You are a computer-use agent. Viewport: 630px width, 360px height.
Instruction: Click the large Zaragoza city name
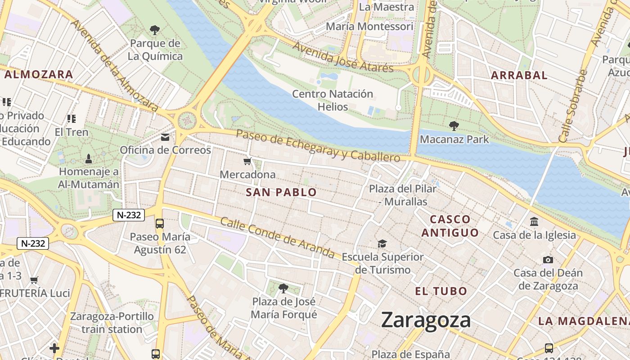[x=426, y=320]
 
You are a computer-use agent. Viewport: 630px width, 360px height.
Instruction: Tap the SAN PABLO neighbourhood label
[x=281, y=193]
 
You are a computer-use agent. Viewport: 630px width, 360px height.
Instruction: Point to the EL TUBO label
[x=441, y=291]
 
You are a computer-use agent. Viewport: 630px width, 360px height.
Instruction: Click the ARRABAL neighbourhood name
[x=519, y=75]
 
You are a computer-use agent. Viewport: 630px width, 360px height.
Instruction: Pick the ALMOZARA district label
[x=38, y=75]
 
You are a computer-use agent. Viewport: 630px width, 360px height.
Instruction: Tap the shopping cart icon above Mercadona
[x=247, y=162]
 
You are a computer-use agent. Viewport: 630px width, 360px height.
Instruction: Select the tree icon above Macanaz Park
[x=454, y=126]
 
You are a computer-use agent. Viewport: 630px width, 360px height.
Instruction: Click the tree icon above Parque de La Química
[x=155, y=30]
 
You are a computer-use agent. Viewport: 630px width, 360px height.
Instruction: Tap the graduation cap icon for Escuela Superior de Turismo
[x=382, y=244]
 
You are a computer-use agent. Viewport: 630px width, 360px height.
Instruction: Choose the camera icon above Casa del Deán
[x=548, y=260]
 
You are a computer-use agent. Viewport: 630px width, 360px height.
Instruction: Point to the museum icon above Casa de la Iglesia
[x=534, y=221]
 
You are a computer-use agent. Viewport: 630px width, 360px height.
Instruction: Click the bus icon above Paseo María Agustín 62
[x=160, y=223]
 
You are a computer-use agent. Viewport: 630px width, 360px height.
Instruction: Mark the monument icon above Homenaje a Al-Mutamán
[x=89, y=158]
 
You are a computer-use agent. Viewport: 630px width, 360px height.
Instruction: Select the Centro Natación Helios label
[x=333, y=100]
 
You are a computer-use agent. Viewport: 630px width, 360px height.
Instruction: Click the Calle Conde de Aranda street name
[x=277, y=238]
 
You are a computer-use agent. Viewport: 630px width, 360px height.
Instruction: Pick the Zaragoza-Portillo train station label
[x=112, y=323]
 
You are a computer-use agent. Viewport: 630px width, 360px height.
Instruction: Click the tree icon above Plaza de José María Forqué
[x=283, y=288]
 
